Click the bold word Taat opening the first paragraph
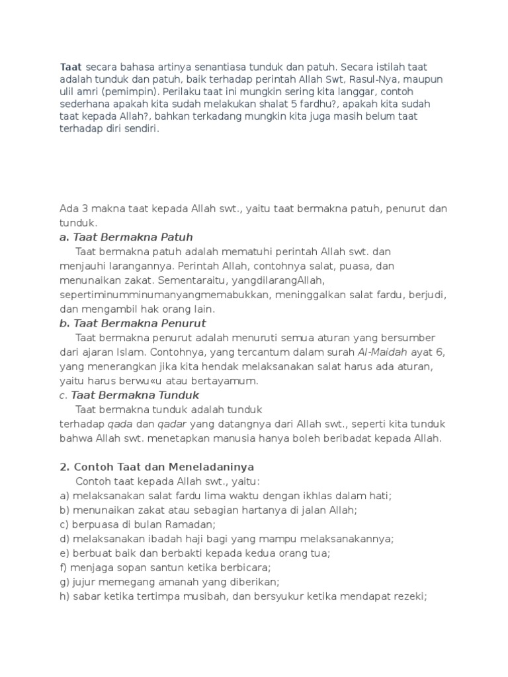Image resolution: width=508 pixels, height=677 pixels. [x=71, y=67]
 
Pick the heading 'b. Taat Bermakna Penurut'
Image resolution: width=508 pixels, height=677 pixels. [x=133, y=323]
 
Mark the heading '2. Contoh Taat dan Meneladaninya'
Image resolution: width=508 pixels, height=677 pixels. [x=157, y=467]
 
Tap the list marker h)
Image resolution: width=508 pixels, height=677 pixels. [x=65, y=596]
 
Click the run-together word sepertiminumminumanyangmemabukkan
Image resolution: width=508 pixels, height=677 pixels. [x=164, y=294]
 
